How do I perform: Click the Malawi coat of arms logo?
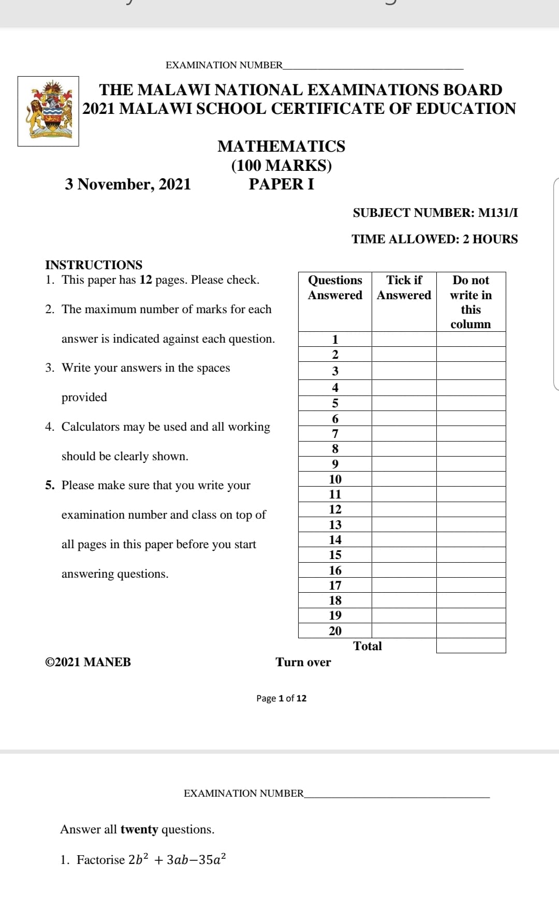pyautogui.click(x=48, y=111)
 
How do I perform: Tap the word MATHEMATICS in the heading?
pyautogui.click(x=281, y=146)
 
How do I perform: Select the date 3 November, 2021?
pyautogui.click(x=128, y=184)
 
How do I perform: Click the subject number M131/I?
pyautogui.click(x=497, y=213)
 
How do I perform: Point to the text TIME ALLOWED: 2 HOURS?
pyautogui.click(x=434, y=239)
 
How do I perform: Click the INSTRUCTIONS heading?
pyautogui.click(x=94, y=265)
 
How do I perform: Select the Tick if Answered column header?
pyautogui.click(x=404, y=288)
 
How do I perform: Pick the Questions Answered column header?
pyautogui.click(x=335, y=288)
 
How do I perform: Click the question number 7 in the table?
pyautogui.click(x=335, y=434)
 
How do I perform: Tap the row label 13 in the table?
pyautogui.click(x=335, y=525)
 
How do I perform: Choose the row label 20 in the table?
pyautogui.click(x=335, y=631)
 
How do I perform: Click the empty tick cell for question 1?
pyautogui.click(x=404, y=340)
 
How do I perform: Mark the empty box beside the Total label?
pyautogui.click(x=470, y=646)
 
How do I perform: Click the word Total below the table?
pyautogui.click(x=367, y=646)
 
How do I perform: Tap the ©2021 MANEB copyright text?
pyautogui.click(x=88, y=662)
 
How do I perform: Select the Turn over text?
pyautogui.click(x=303, y=662)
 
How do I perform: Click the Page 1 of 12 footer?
pyautogui.click(x=281, y=698)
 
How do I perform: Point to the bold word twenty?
pyautogui.click(x=139, y=829)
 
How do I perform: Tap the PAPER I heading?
pyautogui.click(x=281, y=184)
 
